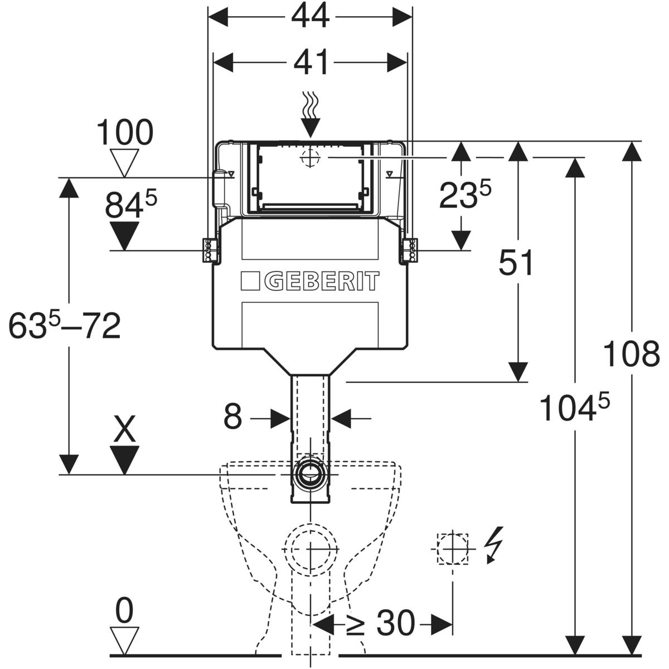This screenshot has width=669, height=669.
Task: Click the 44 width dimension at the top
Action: (x=310, y=17)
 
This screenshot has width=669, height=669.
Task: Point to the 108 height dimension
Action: (x=632, y=355)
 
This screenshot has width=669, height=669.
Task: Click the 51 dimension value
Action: (x=516, y=264)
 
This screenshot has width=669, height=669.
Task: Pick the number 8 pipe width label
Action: (x=233, y=417)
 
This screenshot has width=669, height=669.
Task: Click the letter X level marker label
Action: (x=124, y=431)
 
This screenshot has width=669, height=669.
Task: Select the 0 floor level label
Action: (x=124, y=612)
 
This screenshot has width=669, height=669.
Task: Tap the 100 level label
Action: (x=124, y=134)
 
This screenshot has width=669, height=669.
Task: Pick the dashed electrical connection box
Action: (x=452, y=549)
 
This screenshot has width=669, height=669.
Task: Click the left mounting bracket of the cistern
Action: (x=210, y=250)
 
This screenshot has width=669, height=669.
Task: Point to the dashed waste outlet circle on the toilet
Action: (x=310, y=549)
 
